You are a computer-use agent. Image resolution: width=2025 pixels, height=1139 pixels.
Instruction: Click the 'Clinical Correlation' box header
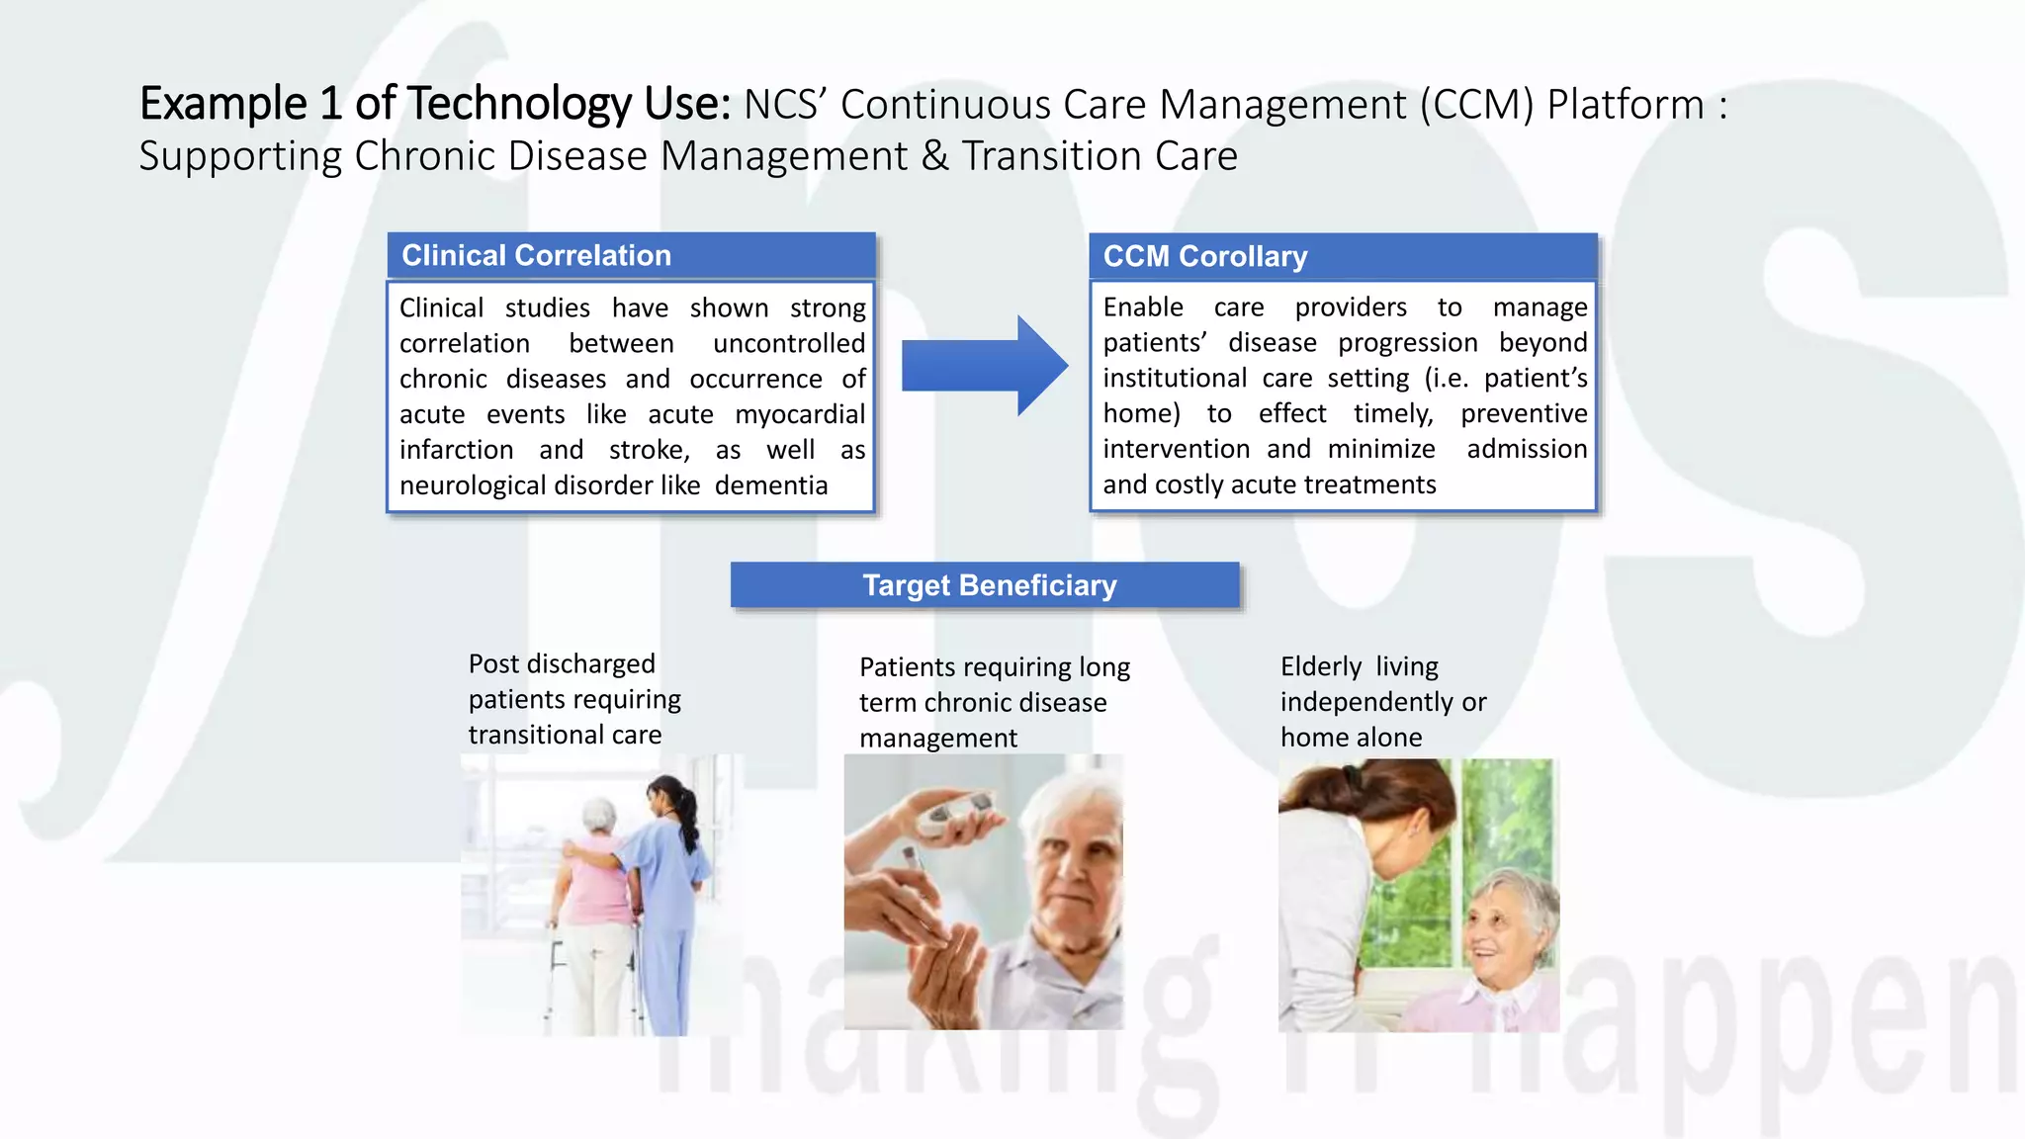pyautogui.click(x=631, y=255)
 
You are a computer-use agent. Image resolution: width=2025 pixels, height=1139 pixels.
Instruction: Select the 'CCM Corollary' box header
pyautogui.click(x=1343, y=256)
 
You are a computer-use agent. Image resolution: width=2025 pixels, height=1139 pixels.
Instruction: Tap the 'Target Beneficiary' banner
pyautogui.click(x=985, y=585)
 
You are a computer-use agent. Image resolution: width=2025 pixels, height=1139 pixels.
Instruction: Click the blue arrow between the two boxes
pyautogui.click(x=983, y=366)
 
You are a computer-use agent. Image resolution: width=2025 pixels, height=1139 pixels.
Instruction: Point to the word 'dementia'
pyautogui.click(x=771, y=485)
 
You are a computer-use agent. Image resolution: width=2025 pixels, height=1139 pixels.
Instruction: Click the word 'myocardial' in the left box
pyautogui.click(x=800, y=414)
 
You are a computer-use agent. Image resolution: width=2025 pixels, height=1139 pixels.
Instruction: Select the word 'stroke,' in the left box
pyautogui.click(x=649, y=450)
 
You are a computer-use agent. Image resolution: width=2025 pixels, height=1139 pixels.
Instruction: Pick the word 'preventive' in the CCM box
pyautogui.click(x=1524, y=413)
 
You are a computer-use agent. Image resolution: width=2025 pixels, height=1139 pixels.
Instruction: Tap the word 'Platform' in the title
pyautogui.click(x=1625, y=105)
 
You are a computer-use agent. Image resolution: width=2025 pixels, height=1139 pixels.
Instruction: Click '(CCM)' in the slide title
pyautogui.click(x=1477, y=105)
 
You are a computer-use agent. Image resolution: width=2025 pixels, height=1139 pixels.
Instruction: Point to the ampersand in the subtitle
pyautogui.click(x=934, y=156)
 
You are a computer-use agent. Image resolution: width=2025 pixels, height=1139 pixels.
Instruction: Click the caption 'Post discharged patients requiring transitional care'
pyautogui.click(x=573, y=699)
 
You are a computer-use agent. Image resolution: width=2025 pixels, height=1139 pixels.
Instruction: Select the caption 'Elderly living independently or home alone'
pyautogui.click(x=1382, y=702)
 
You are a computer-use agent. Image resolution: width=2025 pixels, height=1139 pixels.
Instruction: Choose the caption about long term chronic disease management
pyautogui.click(x=994, y=702)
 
